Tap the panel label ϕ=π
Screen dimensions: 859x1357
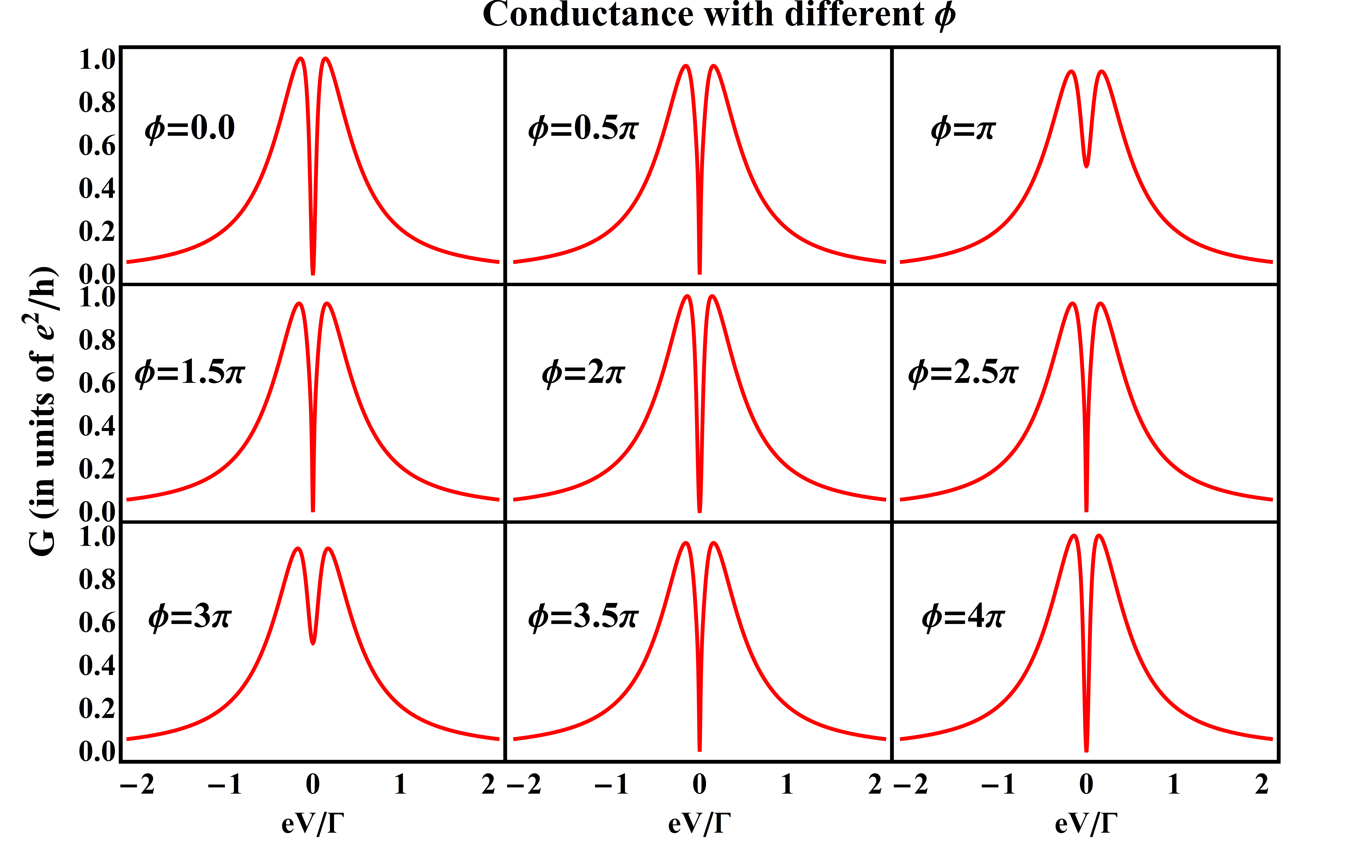pos(963,128)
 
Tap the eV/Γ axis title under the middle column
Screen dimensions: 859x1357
pos(699,823)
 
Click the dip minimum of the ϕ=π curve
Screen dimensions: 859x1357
pos(1087,166)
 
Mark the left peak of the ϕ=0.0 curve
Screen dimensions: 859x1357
pos(300,58)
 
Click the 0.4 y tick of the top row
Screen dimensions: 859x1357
pos(97,188)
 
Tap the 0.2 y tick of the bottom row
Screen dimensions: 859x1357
pos(97,708)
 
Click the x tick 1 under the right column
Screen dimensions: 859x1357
pos(1174,784)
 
